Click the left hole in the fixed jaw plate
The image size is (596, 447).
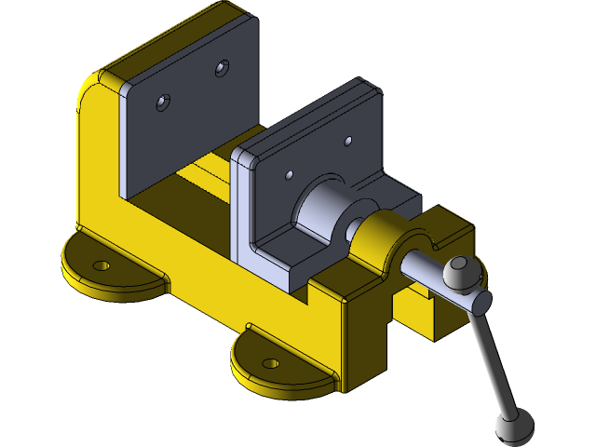tap(164, 102)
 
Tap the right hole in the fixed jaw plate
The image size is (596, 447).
tap(222, 68)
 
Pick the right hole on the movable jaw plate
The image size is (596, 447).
tap(348, 142)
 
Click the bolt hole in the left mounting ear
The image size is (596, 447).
tap(102, 265)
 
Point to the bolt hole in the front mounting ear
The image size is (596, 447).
tap(271, 362)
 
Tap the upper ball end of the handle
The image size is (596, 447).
tap(458, 272)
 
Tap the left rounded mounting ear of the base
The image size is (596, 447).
tap(112, 270)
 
